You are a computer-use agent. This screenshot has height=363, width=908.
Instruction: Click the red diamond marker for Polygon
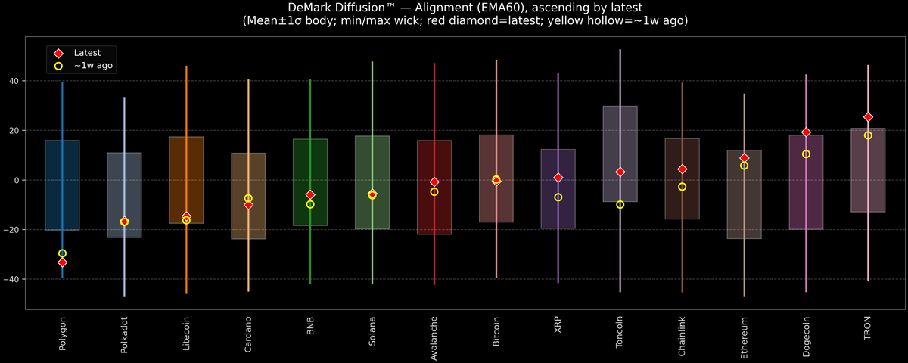[62, 262]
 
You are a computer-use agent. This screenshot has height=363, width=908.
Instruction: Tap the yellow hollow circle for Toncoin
[620, 205]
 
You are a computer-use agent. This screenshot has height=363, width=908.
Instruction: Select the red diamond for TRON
[868, 117]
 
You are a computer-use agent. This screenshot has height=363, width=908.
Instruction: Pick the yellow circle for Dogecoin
[806, 154]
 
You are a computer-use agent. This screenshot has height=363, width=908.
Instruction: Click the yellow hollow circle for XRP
[558, 197]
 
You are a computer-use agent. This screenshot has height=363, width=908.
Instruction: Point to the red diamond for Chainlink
[683, 169]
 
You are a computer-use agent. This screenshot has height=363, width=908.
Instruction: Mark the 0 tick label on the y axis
[19, 180]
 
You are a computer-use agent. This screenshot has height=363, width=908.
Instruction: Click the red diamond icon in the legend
[58, 53]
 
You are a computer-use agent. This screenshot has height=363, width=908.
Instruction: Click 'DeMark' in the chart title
[310, 8]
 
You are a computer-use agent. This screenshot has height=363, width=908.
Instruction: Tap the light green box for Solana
[372, 163]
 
